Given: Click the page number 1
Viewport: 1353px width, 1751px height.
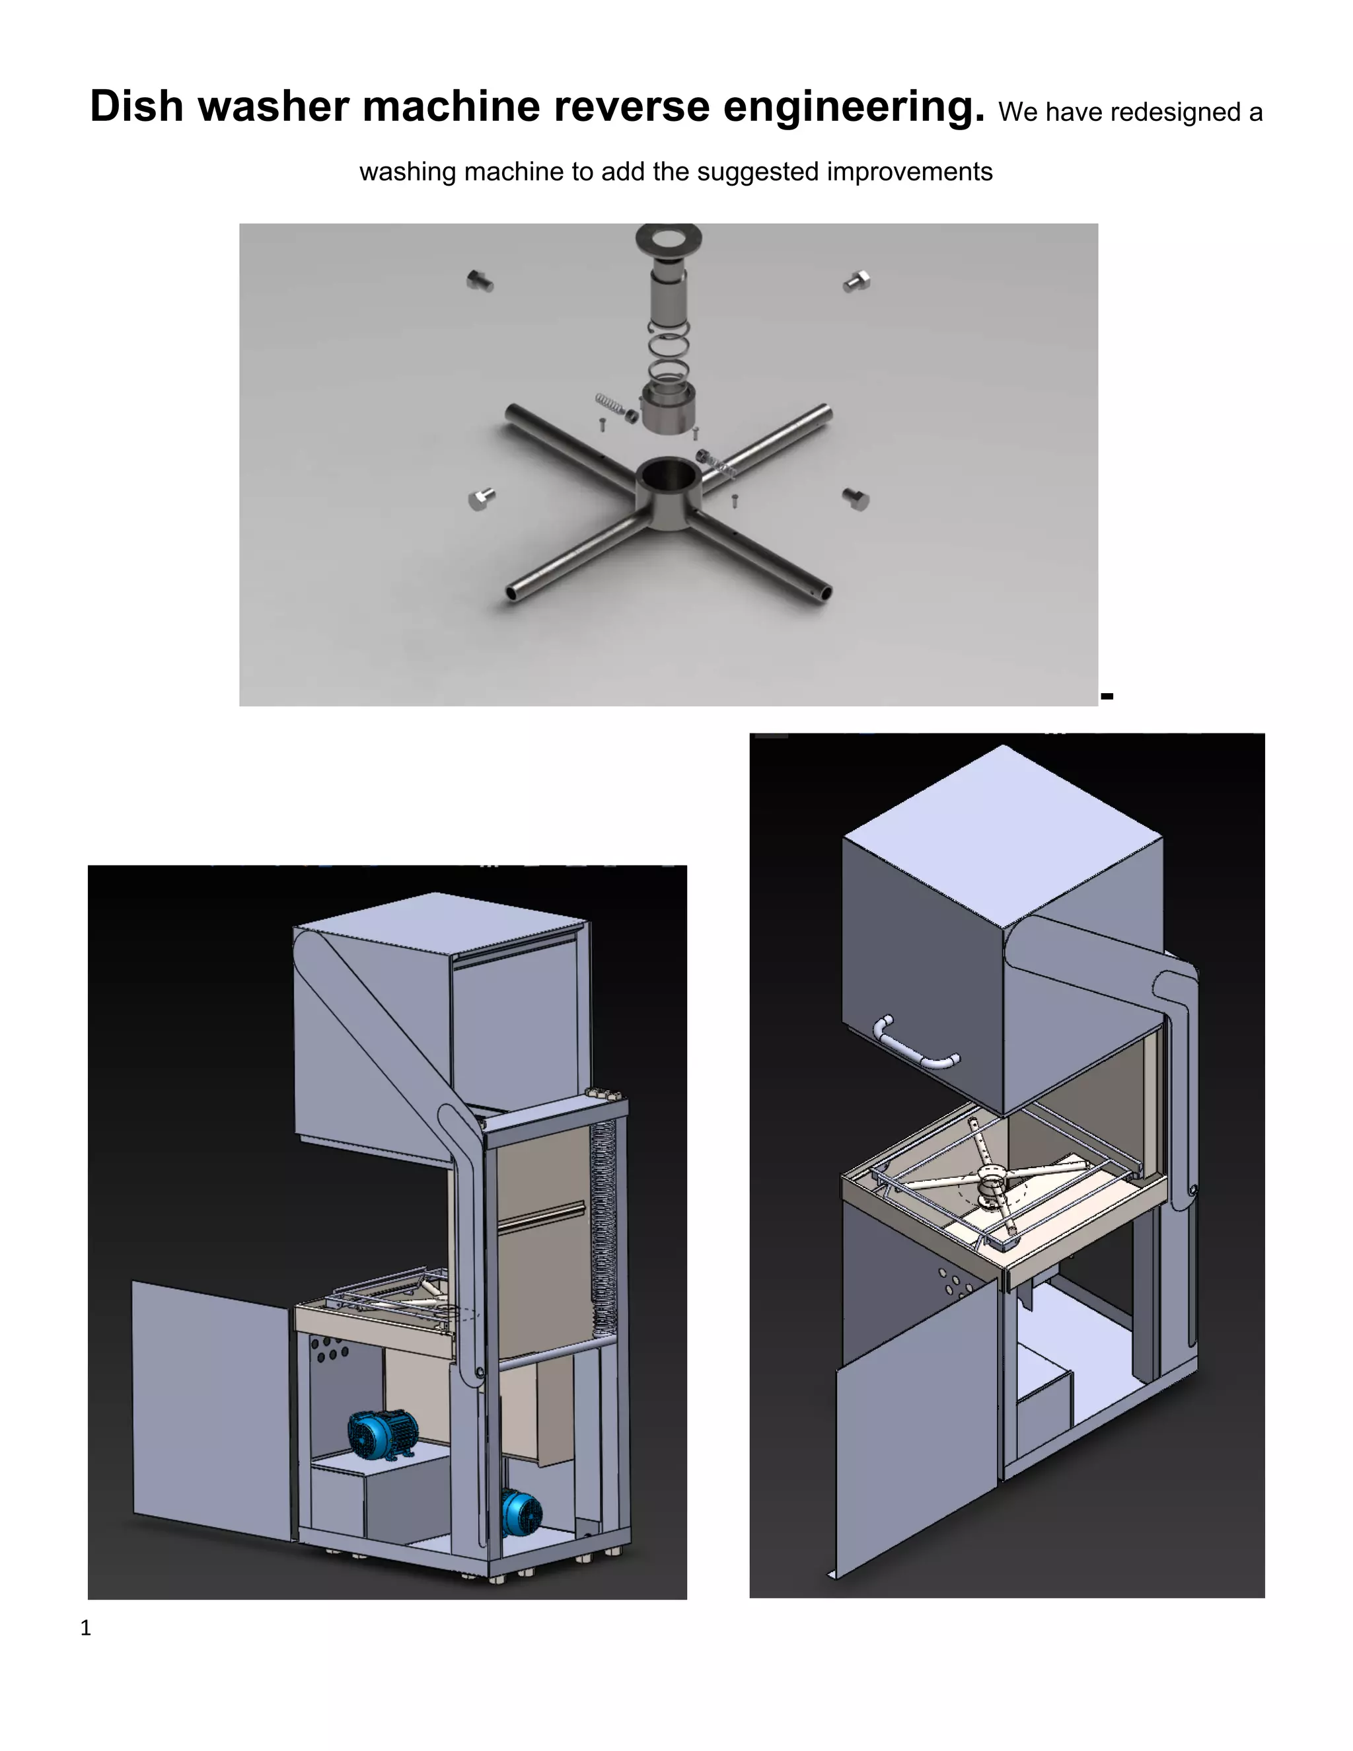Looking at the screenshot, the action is (x=86, y=1628).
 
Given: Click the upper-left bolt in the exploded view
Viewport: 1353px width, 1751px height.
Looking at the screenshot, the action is (x=480, y=281).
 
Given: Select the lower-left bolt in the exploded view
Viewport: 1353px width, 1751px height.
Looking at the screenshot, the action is (x=481, y=499).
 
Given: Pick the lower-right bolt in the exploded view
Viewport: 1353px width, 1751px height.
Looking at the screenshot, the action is (x=856, y=499).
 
